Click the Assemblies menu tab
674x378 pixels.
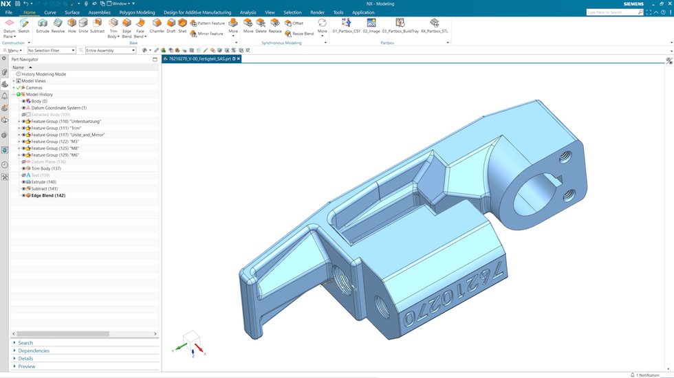click(100, 12)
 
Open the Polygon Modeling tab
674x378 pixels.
click(137, 12)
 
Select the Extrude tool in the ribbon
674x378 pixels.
click(43, 26)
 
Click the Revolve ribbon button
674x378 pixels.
click(58, 26)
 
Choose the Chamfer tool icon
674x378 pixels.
click(157, 26)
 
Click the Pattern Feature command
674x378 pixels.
click(209, 23)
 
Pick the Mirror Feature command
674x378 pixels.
click(208, 33)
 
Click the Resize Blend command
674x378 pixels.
click(300, 33)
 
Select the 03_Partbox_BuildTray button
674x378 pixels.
click(400, 26)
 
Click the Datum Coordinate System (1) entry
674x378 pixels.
click(58, 108)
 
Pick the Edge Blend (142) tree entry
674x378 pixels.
click(48, 195)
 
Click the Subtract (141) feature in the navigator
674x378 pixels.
click(44, 188)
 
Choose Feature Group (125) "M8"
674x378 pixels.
click(55, 148)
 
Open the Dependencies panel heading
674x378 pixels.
click(34, 351)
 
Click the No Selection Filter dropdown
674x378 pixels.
click(52, 50)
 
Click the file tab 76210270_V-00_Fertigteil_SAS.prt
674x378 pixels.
click(199, 59)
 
